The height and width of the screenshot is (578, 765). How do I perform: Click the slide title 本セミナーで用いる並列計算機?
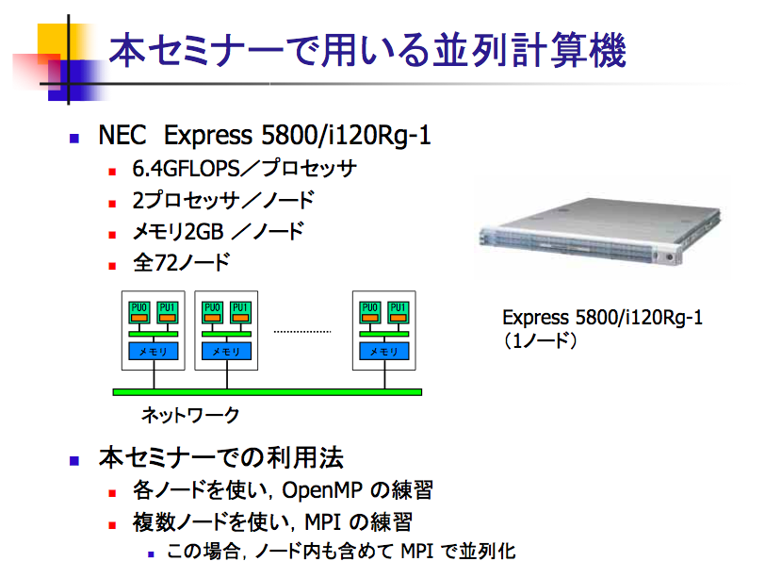tap(367, 50)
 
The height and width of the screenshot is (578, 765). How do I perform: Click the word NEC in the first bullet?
tap(122, 135)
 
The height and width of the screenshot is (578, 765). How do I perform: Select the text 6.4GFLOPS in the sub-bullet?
tap(187, 169)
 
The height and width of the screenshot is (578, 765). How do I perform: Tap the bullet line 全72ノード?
tap(181, 263)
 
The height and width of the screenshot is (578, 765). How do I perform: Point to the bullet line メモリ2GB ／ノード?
tap(218, 231)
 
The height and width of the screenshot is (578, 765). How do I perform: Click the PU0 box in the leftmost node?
tap(139, 312)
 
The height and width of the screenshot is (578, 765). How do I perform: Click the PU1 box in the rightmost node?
tap(399, 312)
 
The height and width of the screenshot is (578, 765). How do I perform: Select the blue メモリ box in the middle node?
tap(226, 351)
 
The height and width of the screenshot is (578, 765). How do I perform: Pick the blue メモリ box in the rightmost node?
tap(384, 351)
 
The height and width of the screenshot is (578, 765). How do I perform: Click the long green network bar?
tap(268, 392)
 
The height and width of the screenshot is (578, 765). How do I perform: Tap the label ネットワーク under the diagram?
tap(190, 416)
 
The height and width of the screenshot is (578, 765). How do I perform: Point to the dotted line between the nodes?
tap(302, 332)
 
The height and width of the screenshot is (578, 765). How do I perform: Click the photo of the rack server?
tap(601, 228)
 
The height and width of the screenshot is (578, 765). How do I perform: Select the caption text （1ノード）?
tap(540, 340)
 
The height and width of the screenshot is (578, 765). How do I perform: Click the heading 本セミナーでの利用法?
tap(221, 458)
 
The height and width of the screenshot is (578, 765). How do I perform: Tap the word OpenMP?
tap(322, 490)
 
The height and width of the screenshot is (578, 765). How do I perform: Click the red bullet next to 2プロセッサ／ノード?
tap(112, 204)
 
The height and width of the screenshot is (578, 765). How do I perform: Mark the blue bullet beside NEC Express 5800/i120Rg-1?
tap(74, 139)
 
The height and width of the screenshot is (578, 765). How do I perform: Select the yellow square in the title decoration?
tap(54, 41)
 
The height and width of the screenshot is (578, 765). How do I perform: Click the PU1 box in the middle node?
tap(240, 312)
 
